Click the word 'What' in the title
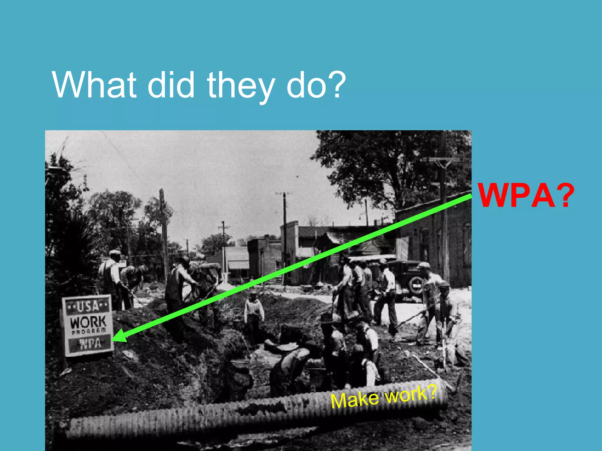[94, 85]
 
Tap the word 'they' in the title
[241, 87]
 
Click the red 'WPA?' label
[526, 195]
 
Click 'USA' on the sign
[88, 307]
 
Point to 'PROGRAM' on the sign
[88, 331]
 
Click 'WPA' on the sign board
[90, 344]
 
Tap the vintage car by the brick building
[407, 277]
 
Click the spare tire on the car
[416, 285]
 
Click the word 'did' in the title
[170, 85]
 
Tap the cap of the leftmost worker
[115, 252]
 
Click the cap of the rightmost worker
[424, 265]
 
